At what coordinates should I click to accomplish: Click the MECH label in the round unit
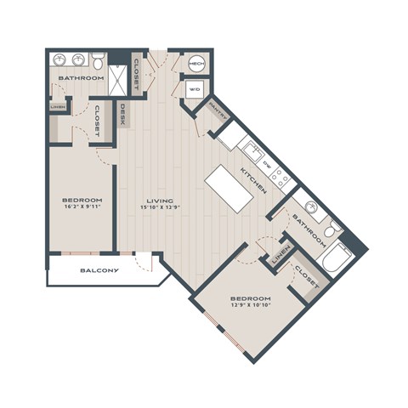[x=196, y=64]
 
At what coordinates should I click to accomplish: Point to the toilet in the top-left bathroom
[x=99, y=61]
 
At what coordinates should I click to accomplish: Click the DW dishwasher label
[x=266, y=166]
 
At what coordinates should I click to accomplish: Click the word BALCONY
[x=99, y=270]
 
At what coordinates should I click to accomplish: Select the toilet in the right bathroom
[x=335, y=227]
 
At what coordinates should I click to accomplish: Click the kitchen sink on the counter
[x=253, y=151]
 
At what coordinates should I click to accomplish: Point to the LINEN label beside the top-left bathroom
[x=57, y=106]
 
